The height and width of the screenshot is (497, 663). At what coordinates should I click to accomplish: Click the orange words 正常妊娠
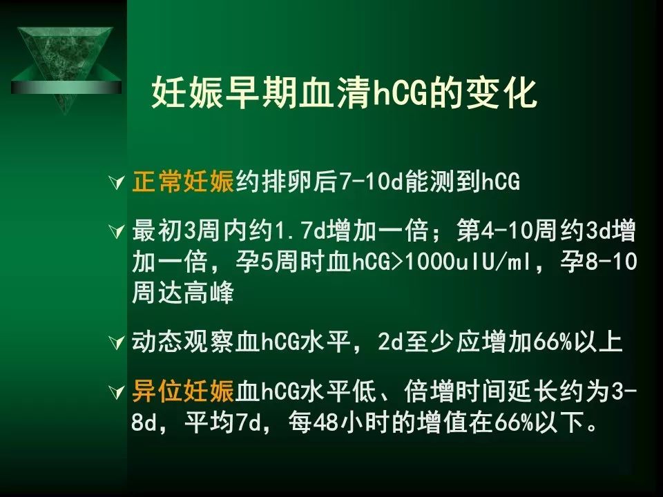183,182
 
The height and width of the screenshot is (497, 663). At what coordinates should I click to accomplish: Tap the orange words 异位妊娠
183,390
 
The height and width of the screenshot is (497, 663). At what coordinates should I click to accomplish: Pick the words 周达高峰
183,292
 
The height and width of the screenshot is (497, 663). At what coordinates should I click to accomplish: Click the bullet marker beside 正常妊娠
116,182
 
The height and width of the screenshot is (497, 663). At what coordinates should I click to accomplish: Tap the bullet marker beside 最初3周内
116,231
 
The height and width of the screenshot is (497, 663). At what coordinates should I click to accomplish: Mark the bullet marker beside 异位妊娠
116,391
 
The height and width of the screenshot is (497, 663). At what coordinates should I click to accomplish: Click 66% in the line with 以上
552,342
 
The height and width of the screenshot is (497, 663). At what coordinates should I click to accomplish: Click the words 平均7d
222,422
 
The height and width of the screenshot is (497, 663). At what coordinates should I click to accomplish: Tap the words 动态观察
183,342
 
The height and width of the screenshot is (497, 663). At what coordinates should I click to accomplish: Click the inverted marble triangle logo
66,68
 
